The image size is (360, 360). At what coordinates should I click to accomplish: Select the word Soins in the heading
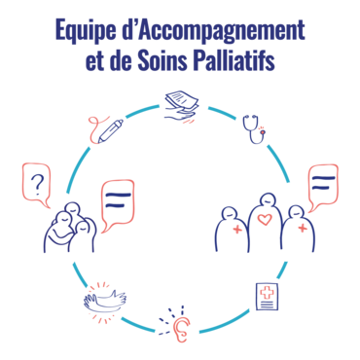(x=162, y=60)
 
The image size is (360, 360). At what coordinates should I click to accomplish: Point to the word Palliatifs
(x=234, y=60)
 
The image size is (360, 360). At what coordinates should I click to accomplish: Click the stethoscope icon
(x=254, y=129)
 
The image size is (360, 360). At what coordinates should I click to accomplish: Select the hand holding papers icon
(x=181, y=108)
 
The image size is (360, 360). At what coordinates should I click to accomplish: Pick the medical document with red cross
(x=267, y=297)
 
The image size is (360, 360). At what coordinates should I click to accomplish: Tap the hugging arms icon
(x=104, y=301)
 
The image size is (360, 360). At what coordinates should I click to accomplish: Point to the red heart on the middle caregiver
(x=265, y=219)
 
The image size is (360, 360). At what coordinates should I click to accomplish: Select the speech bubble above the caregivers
(x=322, y=188)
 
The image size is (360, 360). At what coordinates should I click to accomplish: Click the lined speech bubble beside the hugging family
(x=118, y=205)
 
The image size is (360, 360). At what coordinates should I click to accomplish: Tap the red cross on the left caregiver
(x=237, y=230)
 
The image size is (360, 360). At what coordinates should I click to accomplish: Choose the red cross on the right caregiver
(x=303, y=228)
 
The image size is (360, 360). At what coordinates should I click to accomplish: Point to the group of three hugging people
(x=70, y=227)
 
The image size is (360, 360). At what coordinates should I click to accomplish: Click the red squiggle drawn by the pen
(x=94, y=128)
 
